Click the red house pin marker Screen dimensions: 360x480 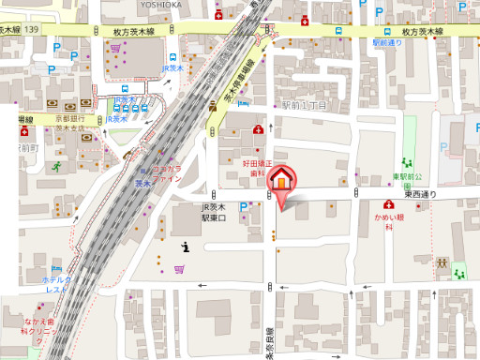tap(279, 180)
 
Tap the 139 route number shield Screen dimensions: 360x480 tap(33, 30)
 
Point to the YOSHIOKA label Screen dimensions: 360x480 tap(160, 4)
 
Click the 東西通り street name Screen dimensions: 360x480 tap(421, 194)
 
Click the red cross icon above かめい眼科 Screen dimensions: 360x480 tap(387, 204)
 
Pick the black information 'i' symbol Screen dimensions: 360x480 tap(186, 247)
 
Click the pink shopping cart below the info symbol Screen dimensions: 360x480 tap(178, 269)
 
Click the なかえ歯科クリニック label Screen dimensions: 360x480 tap(42, 326)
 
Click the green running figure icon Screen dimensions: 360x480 tap(56, 166)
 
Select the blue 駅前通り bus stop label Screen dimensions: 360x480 tap(385, 43)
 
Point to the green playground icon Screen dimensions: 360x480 tap(458, 274)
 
